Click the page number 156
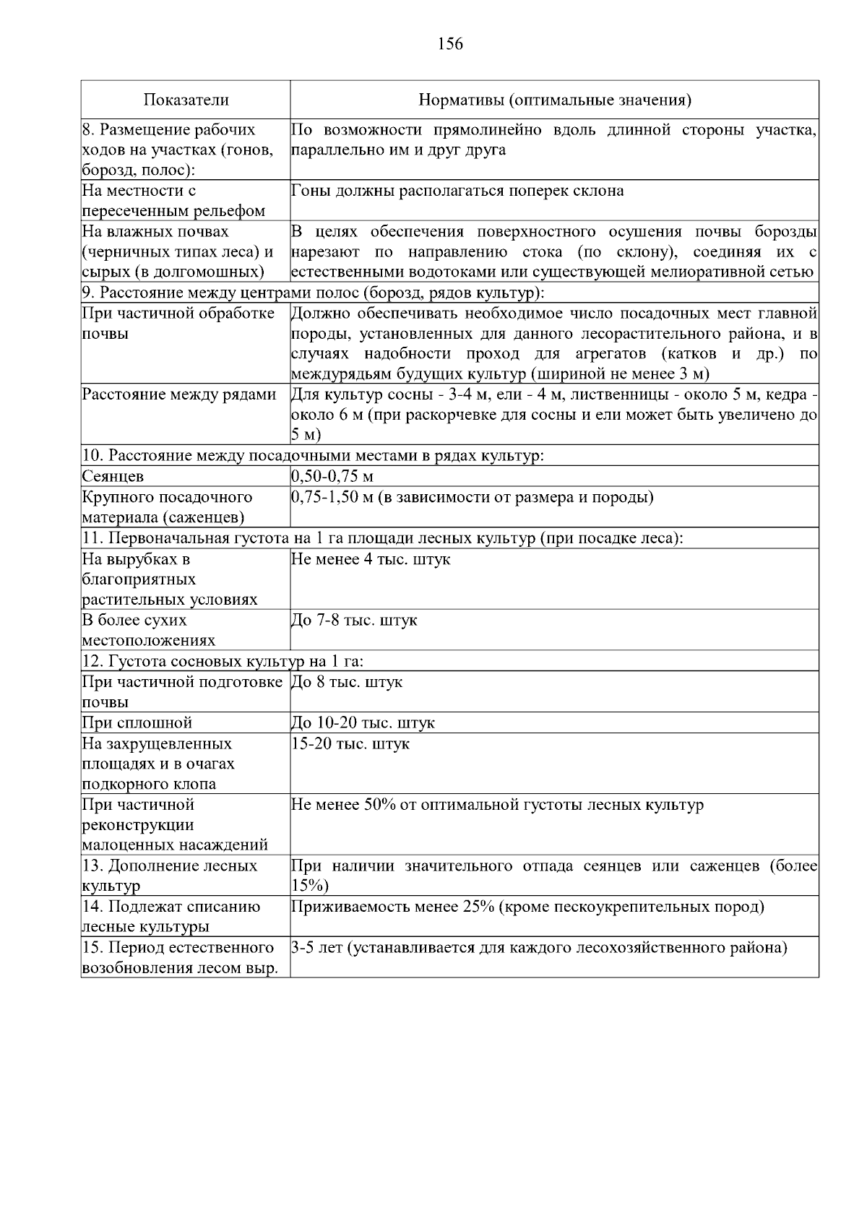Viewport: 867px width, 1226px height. [450, 45]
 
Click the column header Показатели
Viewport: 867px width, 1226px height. [186, 100]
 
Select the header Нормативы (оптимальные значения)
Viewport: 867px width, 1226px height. [555, 100]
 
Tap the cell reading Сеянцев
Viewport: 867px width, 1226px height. [113, 477]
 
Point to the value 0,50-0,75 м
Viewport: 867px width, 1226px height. [332, 477]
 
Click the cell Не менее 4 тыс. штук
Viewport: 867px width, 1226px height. [371, 559]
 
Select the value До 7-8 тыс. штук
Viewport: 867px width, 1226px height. [354, 621]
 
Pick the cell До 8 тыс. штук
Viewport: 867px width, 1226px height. [347, 682]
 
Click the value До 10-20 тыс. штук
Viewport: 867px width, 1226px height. [363, 723]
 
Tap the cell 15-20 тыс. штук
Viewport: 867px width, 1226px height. [350, 743]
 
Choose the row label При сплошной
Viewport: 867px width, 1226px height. [137, 723]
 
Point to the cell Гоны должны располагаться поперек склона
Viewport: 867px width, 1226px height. [457, 191]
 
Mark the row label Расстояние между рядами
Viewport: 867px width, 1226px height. [179, 394]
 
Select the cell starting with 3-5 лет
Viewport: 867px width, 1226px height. [538, 948]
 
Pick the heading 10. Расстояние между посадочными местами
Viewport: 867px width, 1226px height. [313, 456]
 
